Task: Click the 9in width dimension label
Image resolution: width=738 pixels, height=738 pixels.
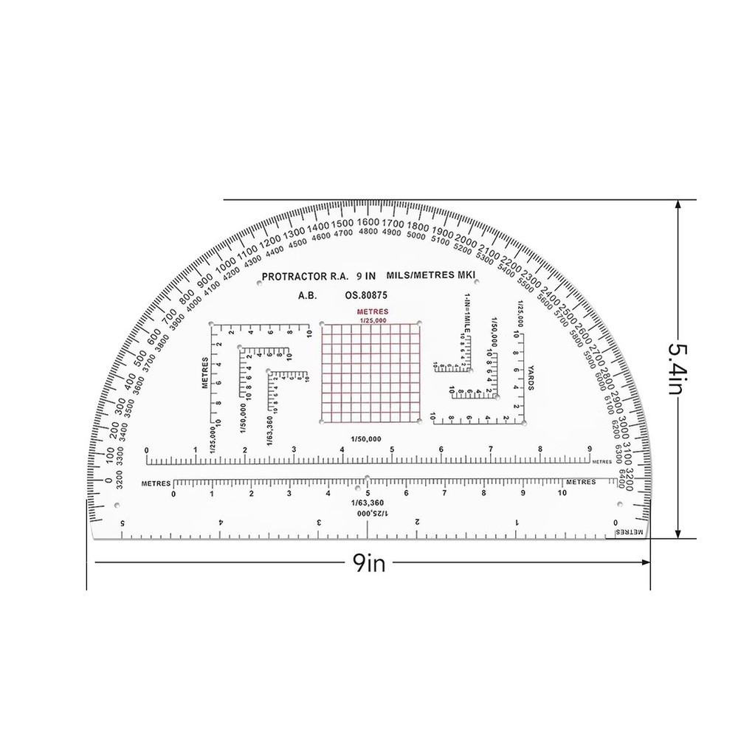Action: [x=369, y=565]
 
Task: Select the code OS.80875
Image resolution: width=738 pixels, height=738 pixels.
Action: [x=366, y=295]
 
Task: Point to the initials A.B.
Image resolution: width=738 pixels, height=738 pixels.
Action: [x=308, y=295]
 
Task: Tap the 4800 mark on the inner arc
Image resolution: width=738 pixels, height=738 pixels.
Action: [x=368, y=232]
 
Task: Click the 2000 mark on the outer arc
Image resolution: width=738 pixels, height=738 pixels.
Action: [x=466, y=240]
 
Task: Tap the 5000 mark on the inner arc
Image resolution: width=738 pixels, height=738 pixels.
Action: [x=415, y=236]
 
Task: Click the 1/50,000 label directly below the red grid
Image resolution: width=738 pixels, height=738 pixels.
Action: [x=368, y=439]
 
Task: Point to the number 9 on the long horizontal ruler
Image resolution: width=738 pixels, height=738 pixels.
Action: [x=589, y=449]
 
